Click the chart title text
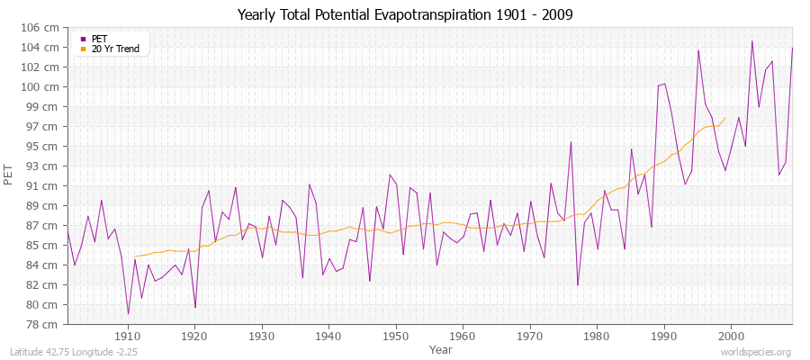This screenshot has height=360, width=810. click(405, 14)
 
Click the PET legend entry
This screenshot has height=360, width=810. click(98, 39)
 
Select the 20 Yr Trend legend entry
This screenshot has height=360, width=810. click(115, 49)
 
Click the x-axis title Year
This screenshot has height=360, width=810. click(441, 348)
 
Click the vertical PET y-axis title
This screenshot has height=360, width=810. click(10, 175)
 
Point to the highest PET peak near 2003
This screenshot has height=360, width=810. click(751, 40)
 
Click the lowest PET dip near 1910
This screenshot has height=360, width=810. click(128, 314)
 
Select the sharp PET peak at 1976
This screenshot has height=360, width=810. click(571, 141)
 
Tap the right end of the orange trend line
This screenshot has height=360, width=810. click(725, 117)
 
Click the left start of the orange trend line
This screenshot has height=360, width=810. click(134, 256)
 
